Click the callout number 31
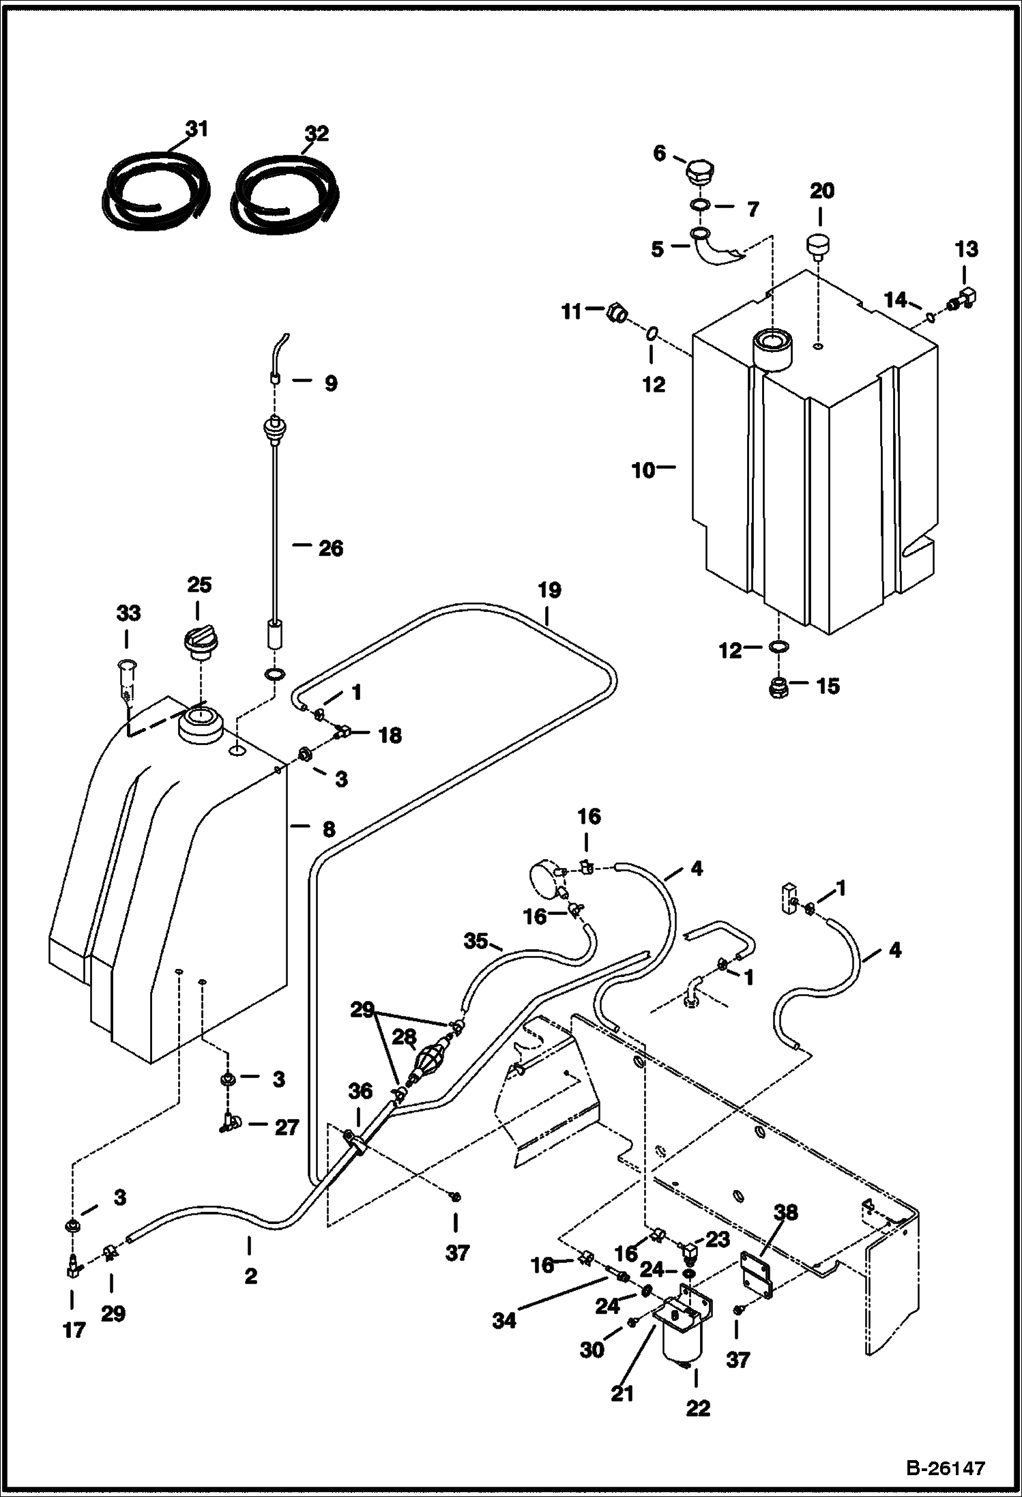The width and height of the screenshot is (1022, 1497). click(x=197, y=128)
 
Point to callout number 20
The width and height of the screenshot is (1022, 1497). click(x=821, y=191)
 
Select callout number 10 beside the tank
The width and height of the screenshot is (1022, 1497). click(x=643, y=470)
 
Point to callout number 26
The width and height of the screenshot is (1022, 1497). click(x=331, y=548)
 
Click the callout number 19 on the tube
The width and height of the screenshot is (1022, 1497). click(x=549, y=590)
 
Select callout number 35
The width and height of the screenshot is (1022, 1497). click(x=476, y=942)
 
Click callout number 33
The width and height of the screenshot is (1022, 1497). click(x=128, y=613)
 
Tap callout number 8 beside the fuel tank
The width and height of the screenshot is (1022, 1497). click(x=329, y=829)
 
